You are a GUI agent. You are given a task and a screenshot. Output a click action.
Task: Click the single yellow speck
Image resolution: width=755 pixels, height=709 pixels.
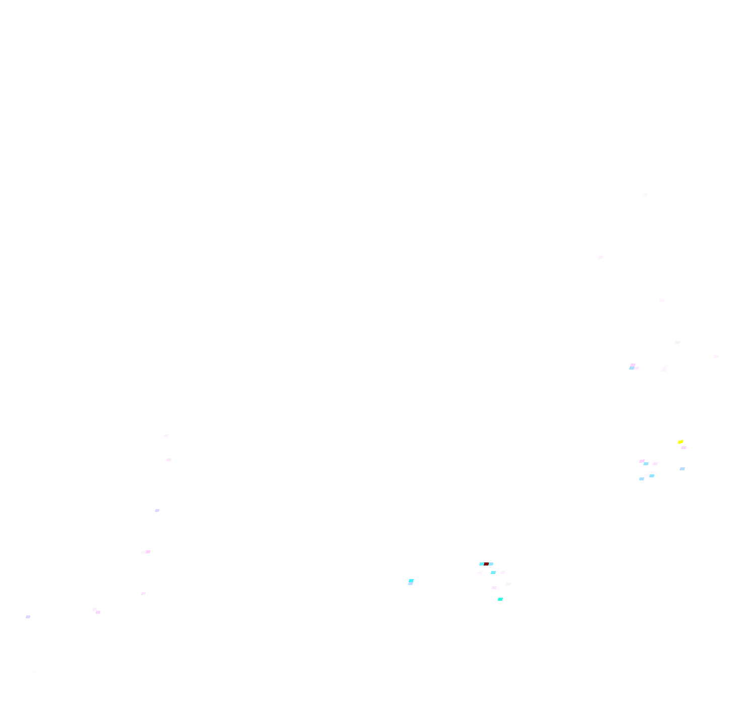point(681,442)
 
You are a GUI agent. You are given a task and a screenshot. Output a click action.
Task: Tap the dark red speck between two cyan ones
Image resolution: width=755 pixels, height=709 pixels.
point(487,564)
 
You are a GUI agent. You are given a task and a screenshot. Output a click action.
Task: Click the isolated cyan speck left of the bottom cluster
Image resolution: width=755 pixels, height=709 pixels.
point(411,582)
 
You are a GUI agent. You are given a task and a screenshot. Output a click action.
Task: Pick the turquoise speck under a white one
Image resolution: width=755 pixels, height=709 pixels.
point(500,599)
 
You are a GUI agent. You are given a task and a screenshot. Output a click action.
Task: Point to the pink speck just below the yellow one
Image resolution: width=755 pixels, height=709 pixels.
point(684,447)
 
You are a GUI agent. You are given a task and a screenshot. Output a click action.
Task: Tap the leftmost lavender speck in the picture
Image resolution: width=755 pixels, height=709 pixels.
point(28,617)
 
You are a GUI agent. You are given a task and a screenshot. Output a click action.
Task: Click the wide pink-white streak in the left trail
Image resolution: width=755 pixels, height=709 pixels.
point(146,552)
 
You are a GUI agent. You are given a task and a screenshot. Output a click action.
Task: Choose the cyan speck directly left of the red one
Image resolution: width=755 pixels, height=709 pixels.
point(482,564)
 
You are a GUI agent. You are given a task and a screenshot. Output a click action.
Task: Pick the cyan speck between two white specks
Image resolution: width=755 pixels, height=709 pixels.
point(493,573)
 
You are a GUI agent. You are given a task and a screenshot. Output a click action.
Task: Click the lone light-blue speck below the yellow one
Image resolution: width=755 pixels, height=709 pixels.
point(682,469)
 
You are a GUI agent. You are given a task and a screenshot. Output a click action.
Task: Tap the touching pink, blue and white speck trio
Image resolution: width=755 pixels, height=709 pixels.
point(634,367)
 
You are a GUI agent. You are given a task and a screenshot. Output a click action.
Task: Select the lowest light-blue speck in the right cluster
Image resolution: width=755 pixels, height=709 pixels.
point(642,479)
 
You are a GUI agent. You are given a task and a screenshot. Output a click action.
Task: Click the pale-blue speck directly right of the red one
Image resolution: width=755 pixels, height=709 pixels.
point(491,564)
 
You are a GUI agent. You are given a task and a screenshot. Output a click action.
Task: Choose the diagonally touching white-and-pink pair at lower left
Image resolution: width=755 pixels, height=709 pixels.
point(96,611)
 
